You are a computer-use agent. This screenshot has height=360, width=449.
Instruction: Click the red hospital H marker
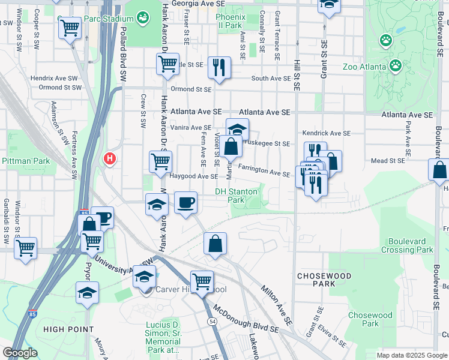tap(110, 159)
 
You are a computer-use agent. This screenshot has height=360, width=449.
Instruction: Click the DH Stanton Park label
tap(237, 196)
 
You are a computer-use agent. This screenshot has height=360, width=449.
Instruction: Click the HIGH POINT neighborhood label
tap(68, 329)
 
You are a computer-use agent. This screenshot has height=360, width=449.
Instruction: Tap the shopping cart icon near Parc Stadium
tap(70, 27)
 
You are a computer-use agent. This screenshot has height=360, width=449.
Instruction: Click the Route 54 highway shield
tap(212, 322)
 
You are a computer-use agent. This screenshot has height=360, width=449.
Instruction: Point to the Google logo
tap(20, 353)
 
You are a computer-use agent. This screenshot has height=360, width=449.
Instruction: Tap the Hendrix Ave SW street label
tap(55, 78)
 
